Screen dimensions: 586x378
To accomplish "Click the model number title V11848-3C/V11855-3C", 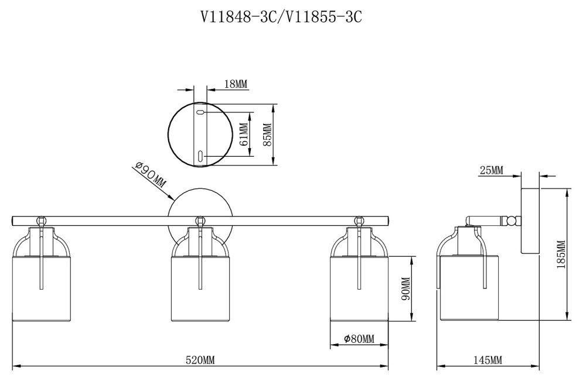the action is pyautogui.click(x=281, y=17).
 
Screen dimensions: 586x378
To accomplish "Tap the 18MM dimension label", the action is pyautogui.click(x=236, y=84).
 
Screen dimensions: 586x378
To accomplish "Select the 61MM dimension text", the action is pyautogui.click(x=243, y=135).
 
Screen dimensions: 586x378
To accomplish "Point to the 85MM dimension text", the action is pyautogui.click(x=268, y=135).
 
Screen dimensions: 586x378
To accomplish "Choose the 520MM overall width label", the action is pyautogui.click(x=200, y=360).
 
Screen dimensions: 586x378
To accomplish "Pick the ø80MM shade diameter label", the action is pyautogui.click(x=359, y=339).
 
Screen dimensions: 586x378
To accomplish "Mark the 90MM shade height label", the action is pyautogui.click(x=406, y=288).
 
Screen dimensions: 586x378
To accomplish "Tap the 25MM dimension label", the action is pyautogui.click(x=492, y=170).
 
